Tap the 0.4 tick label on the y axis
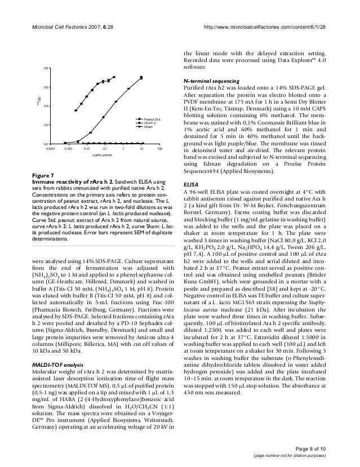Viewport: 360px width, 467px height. pyautogui.click(x=45, y=106)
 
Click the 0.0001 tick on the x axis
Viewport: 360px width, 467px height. pyautogui.click(x=51, y=148)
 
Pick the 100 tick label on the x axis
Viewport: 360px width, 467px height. pyautogui.click(x=159, y=148)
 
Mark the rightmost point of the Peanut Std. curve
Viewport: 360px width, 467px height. pyautogui.click(x=141, y=78)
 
